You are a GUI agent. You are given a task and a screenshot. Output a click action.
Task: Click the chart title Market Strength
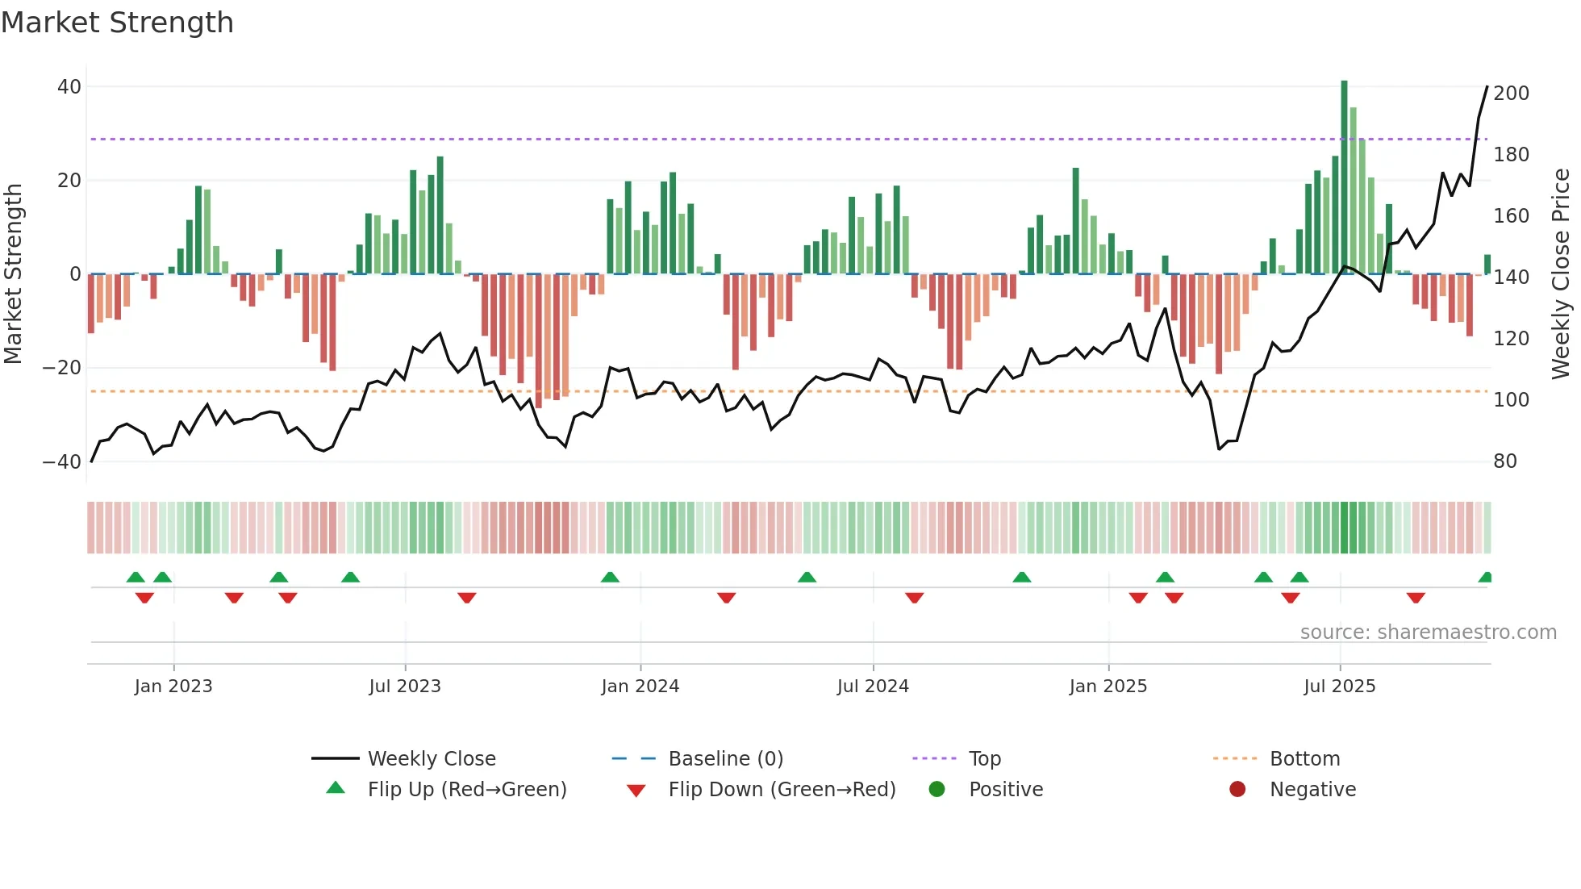(118, 23)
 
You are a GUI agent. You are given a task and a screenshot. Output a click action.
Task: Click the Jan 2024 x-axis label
(640, 687)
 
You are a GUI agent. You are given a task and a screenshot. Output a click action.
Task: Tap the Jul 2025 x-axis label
(1339, 687)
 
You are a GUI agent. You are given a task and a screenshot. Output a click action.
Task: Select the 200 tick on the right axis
(1511, 94)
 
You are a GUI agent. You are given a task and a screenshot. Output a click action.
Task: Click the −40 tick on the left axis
(62, 462)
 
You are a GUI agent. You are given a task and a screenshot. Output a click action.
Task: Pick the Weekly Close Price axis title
(1561, 274)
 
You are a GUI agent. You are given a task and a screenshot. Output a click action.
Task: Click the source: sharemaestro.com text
(1428, 632)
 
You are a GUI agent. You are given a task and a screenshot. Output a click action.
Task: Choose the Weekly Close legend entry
(431, 759)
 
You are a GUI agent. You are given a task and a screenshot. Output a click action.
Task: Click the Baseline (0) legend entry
(725, 759)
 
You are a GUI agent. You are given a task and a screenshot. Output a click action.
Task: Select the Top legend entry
(984, 759)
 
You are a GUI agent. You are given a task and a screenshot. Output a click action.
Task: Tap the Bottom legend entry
(1304, 759)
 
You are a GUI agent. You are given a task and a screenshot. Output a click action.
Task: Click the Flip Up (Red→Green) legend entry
(466, 790)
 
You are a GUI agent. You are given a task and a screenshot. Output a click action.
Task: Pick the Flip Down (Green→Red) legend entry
(781, 790)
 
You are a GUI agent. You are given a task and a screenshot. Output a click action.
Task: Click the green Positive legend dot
(937, 790)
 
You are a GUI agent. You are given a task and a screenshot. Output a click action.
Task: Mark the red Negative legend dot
(1237, 790)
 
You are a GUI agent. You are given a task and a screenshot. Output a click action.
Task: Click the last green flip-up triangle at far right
(1485, 578)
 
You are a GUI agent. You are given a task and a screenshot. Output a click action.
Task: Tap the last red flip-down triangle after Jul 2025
(1416, 598)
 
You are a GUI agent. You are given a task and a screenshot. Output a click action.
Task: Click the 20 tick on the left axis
(69, 181)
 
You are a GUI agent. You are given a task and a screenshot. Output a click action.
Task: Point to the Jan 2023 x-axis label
(173, 687)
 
